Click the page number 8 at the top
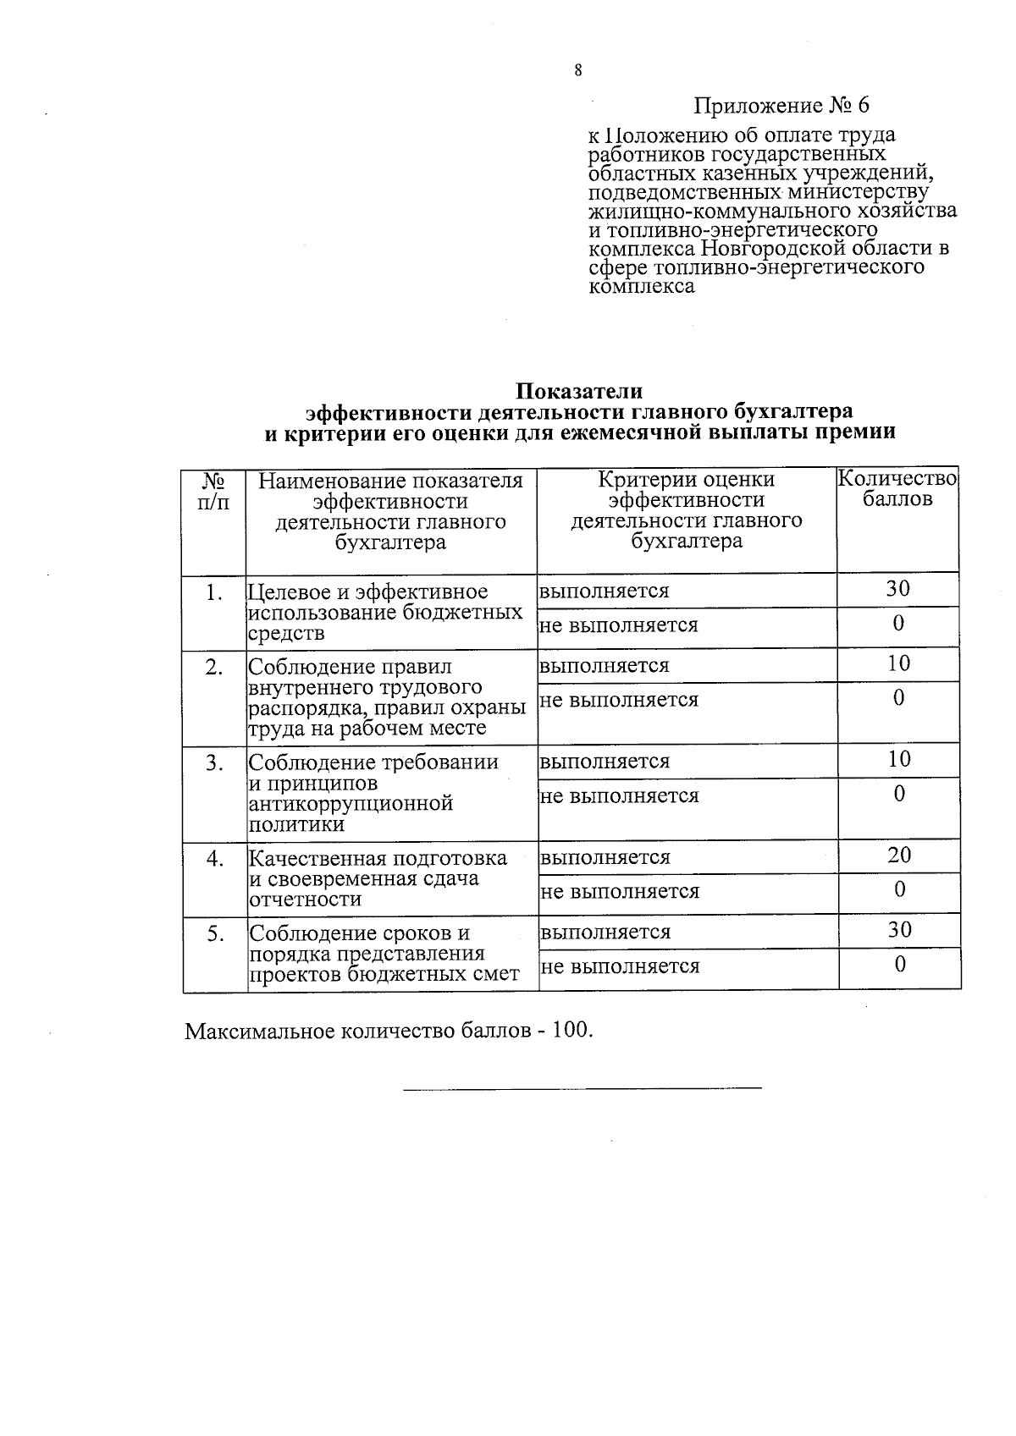click(x=577, y=71)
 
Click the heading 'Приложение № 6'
click(x=781, y=106)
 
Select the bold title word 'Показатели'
click(x=579, y=391)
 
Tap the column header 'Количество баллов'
click(x=897, y=489)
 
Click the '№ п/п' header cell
click(x=213, y=492)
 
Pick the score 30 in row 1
click(x=897, y=589)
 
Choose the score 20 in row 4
click(x=899, y=855)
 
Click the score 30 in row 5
click(x=899, y=929)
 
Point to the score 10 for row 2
click(x=898, y=663)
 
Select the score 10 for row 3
click(x=898, y=759)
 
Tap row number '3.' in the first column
click(x=214, y=763)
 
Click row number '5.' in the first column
click(x=215, y=934)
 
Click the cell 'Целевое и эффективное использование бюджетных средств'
click(x=385, y=613)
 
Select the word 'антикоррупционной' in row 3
click(x=351, y=803)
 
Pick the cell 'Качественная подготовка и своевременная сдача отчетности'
click(x=378, y=878)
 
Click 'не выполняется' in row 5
click(x=620, y=966)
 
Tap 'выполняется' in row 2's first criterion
click(x=604, y=665)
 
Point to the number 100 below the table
click(x=569, y=1032)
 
